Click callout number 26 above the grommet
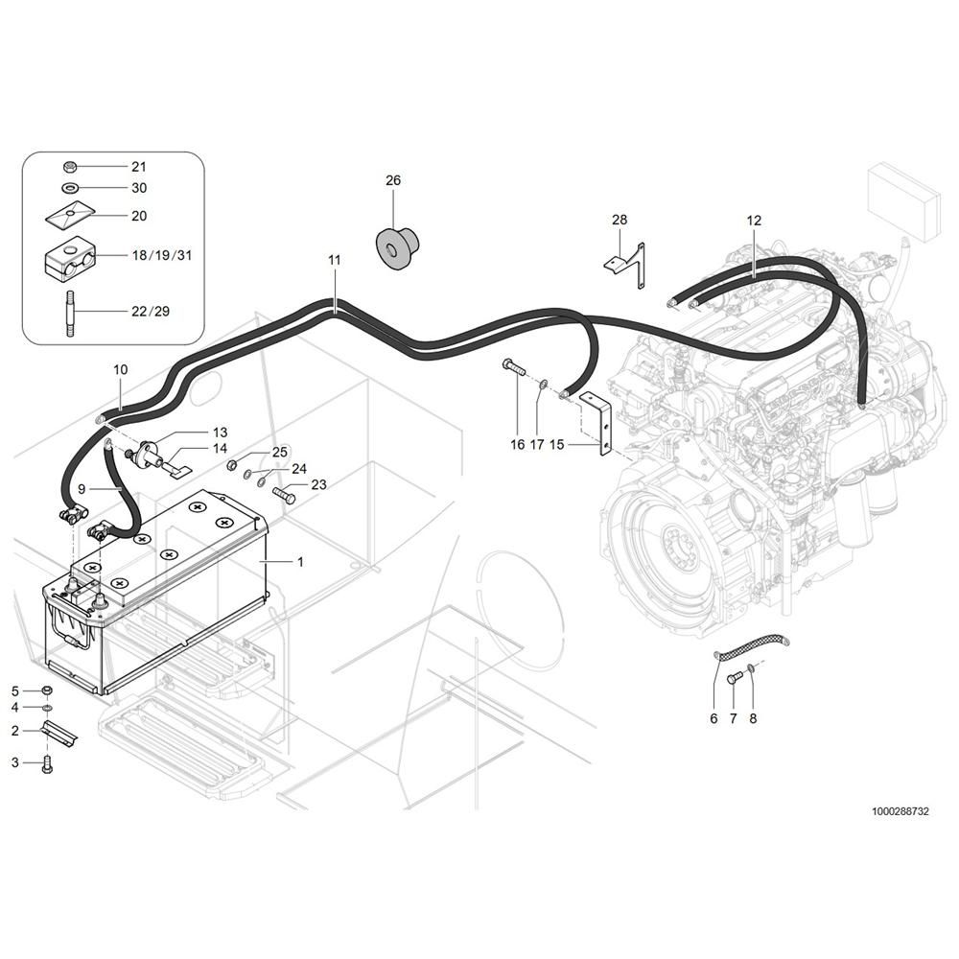(x=393, y=180)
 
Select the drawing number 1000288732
(x=901, y=811)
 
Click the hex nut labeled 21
(x=70, y=166)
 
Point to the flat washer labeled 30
(x=70, y=187)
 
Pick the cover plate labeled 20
(x=70, y=214)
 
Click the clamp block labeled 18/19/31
(x=69, y=255)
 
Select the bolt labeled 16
(x=514, y=367)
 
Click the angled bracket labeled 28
(x=626, y=266)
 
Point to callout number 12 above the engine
(x=754, y=221)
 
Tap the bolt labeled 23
(x=284, y=494)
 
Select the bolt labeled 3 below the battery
(x=47, y=764)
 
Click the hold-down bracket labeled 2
(x=58, y=732)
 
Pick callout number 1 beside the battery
(x=300, y=561)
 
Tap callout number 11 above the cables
(x=334, y=261)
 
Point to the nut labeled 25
(x=232, y=466)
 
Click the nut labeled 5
(x=46, y=690)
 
